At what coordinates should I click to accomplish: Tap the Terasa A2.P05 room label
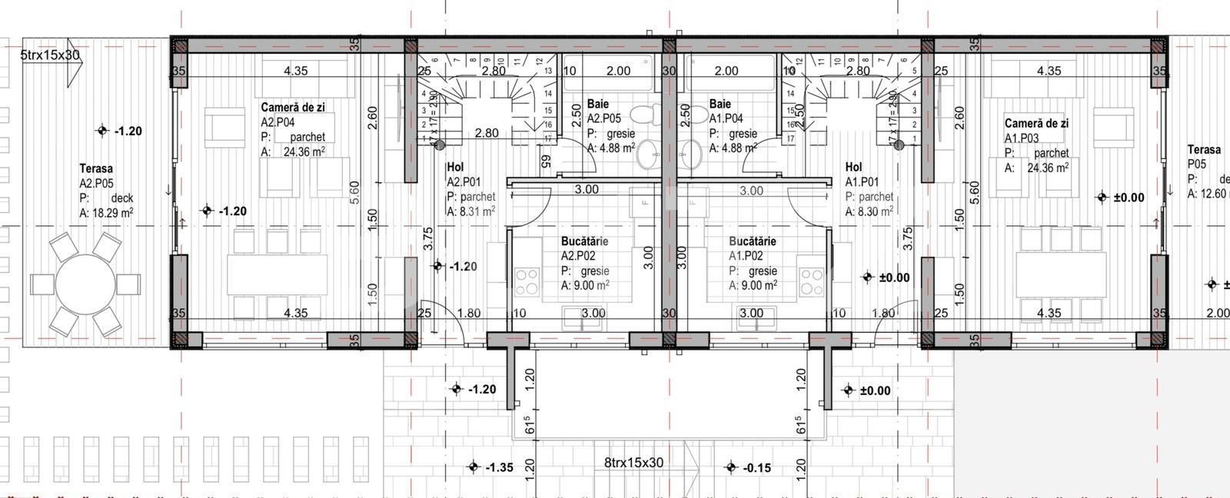[x=96, y=168]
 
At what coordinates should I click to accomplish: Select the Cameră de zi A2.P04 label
[x=293, y=108]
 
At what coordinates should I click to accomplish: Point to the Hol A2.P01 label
[x=455, y=168]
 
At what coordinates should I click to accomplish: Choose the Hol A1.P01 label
[x=853, y=167]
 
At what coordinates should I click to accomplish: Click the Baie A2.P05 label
[x=598, y=104]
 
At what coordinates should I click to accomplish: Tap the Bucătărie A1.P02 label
[x=752, y=241]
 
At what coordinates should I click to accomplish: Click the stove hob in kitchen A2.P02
[x=527, y=281]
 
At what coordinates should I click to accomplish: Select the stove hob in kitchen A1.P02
[x=811, y=281]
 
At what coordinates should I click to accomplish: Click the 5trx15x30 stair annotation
[x=50, y=55]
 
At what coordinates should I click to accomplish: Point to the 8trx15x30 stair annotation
[x=633, y=463]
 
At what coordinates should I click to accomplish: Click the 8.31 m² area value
[x=477, y=212]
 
